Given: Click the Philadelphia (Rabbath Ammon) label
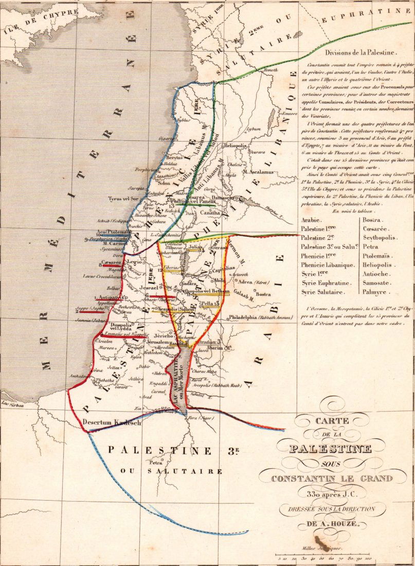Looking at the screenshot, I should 262,317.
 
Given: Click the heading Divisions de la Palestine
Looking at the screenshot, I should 358,52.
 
